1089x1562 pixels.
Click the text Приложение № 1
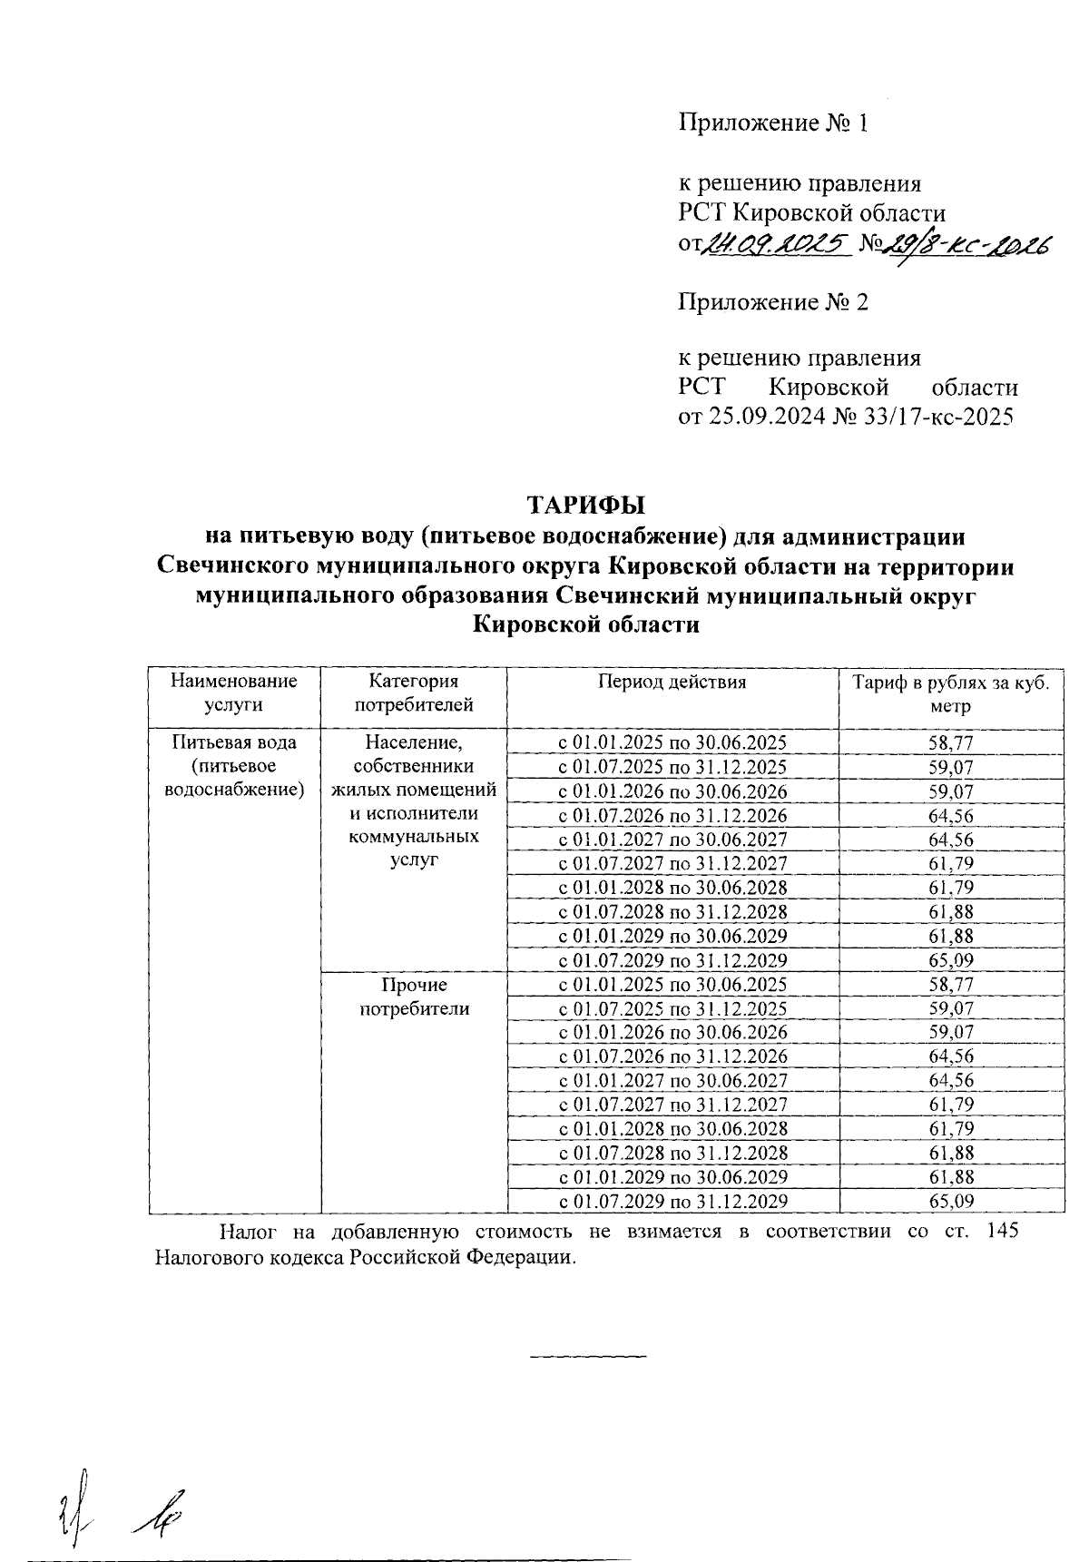[774, 123]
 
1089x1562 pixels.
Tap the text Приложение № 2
[774, 302]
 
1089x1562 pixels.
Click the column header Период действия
[672, 683]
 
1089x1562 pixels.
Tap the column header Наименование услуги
[234, 693]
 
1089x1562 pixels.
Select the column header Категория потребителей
[414, 693]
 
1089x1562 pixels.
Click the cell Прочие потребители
[415, 997]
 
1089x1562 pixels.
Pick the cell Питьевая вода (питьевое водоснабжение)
[234, 766]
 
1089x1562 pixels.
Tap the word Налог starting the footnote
[244, 1232]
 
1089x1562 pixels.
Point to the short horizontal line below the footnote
[587, 1357]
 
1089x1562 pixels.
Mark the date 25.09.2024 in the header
[764, 418]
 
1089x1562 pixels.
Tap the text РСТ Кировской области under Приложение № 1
[812, 214]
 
